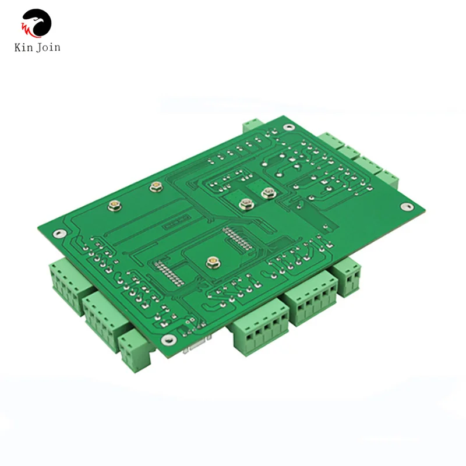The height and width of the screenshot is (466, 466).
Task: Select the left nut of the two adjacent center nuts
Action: pyautogui.click(x=245, y=203)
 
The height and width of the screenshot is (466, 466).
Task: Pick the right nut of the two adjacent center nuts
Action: pyautogui.click(x=268, y=193)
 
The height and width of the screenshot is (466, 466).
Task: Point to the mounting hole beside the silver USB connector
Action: pyautogui.click(x=170, y=340)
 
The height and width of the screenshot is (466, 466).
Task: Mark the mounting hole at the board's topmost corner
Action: pyautogui.click(x=287, y=127)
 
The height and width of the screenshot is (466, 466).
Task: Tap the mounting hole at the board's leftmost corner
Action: pyautogui.click(x=57, y=234)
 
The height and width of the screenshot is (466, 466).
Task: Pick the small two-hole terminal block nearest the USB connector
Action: pyautogui.click(x=133, y=350)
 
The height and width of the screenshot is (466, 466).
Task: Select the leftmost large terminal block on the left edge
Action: pyautogui.click(x=66, y=284)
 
